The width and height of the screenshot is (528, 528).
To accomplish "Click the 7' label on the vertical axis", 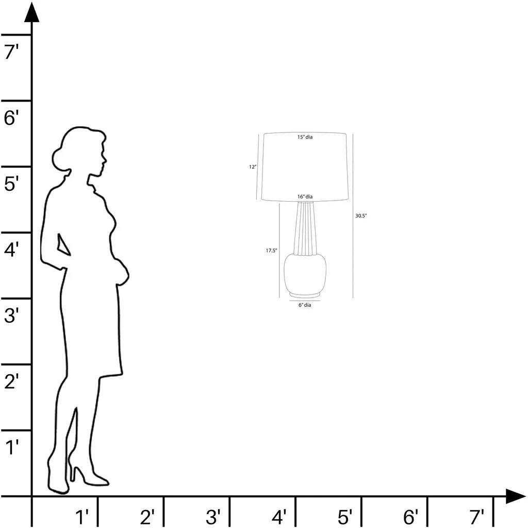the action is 11,52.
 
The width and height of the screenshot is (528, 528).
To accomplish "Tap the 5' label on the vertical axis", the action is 11,184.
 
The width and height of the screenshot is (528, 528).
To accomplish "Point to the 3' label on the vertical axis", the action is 11,316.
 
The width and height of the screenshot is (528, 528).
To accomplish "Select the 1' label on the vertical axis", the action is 12,447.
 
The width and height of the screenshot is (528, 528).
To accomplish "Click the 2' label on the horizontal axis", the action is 147,517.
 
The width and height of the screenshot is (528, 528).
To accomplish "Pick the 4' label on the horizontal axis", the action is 279,517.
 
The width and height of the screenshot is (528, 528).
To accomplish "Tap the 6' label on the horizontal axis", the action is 410,517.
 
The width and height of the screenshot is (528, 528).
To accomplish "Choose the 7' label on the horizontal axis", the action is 476,517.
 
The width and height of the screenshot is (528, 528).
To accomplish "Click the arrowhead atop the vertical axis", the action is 32,12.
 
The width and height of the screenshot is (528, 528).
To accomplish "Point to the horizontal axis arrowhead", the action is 516,497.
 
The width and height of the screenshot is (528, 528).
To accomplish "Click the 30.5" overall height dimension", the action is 360,216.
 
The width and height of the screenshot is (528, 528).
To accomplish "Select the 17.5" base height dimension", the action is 271,251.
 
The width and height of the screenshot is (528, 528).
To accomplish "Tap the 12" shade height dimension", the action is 253,167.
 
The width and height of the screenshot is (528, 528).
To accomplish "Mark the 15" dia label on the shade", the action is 305,137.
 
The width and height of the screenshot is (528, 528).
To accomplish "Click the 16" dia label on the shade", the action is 305,196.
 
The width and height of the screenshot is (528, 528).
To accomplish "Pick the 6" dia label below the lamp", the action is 305,305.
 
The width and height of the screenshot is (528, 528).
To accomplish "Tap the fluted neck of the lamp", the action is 305,228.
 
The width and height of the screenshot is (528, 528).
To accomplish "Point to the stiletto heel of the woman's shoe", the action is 72,471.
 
